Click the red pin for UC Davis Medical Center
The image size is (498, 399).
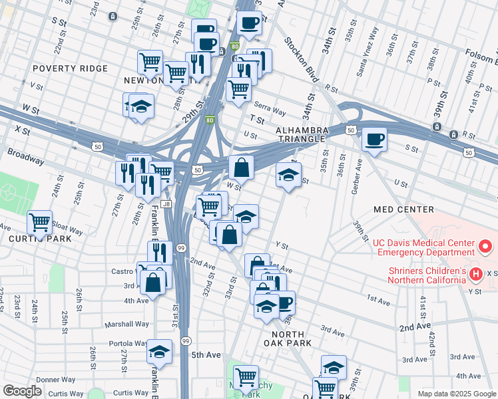point(485,247)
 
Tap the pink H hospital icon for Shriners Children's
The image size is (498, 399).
point(476,273)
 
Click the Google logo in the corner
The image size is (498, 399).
point(22,390)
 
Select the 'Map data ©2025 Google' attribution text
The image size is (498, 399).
point(455,393)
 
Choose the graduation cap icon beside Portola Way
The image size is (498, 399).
point(159,350)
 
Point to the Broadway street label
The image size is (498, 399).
point(26,157)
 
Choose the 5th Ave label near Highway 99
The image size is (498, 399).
point(206,355)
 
